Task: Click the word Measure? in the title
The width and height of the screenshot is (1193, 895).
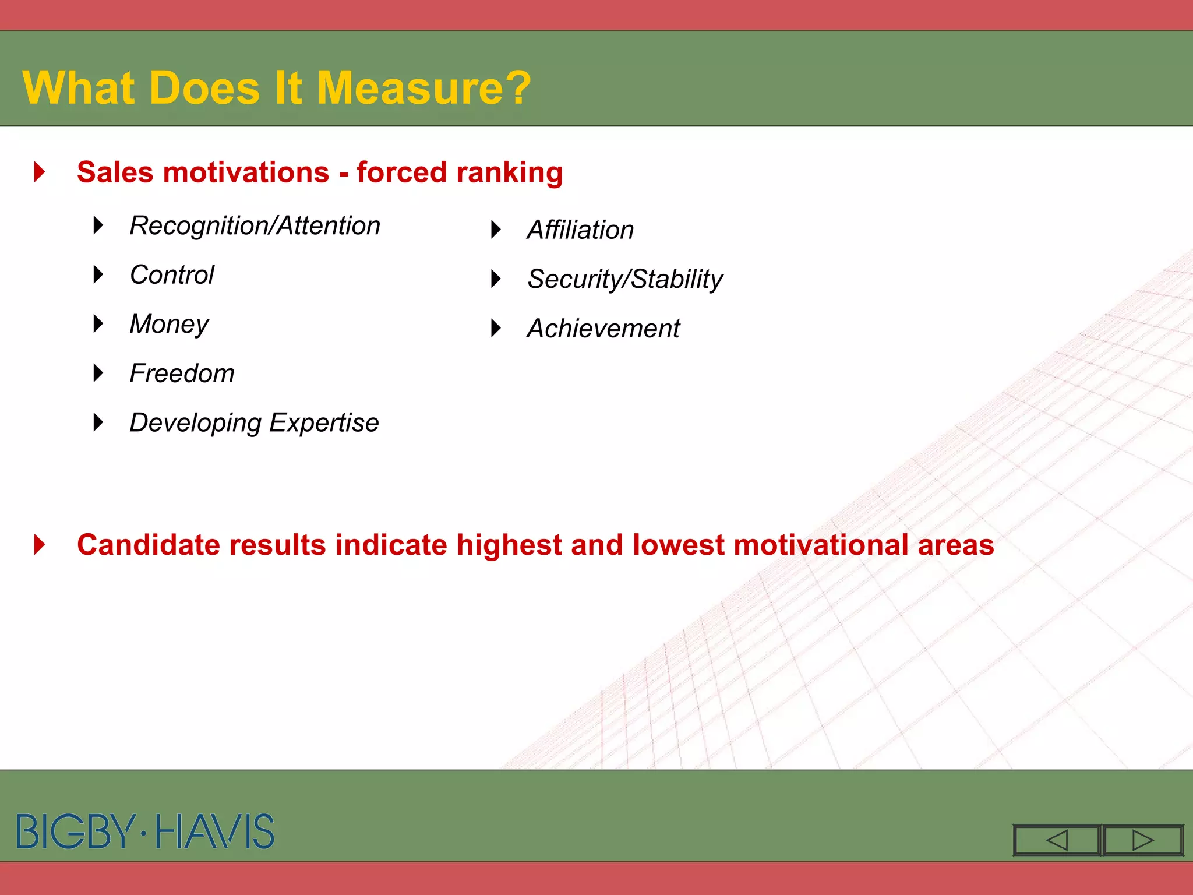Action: coord(423,88)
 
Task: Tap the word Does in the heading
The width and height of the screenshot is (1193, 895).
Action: coord(204,88)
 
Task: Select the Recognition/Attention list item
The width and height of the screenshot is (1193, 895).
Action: coord(255,226)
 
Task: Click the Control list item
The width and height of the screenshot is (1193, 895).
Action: coord(172,275)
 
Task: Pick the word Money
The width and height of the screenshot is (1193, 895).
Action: coord(169,325)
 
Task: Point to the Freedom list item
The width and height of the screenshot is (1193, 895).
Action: coord(182,373)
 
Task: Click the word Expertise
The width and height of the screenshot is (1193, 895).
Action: coord(324,423)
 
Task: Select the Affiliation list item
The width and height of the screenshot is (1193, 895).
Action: coord(580,230)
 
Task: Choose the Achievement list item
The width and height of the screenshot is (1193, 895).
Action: coord(603,329)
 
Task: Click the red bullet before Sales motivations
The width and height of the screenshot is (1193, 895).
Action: coord(40,172)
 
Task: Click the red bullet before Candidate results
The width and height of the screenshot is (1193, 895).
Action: coord(40,545)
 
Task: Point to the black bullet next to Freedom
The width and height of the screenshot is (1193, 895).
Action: coord(98,373)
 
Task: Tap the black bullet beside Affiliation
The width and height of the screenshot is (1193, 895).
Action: coord(496,230)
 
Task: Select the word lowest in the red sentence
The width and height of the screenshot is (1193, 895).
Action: coord(678,545)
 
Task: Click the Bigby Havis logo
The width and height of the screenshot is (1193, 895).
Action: coord(146,831)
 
